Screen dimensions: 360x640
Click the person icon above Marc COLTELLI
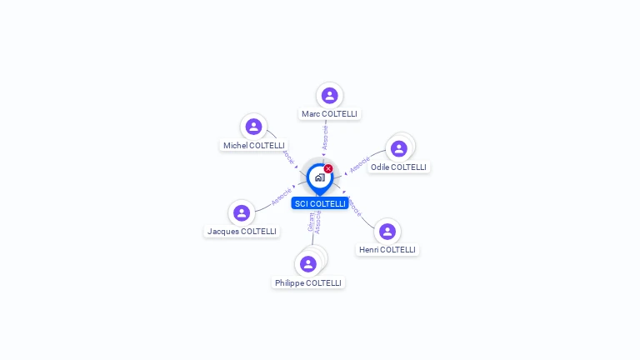[x=329, y=95]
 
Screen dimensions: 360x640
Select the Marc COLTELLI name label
[x=330, y=113]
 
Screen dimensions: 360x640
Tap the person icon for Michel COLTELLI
[x=253, y=127]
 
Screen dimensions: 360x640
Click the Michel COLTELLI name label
[x=254, y=145]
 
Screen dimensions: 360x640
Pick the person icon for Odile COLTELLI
[x=398, y=148]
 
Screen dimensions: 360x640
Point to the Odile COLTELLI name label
[x=398, y=167]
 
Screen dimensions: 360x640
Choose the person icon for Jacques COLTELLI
[x=242, y=212]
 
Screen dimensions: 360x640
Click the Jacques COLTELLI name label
[x=242, y=231]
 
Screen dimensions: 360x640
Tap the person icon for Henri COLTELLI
[x=387, y=231]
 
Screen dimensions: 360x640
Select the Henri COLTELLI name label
[x=387, y=249]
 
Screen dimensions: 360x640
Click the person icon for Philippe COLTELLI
[x=308, y=264]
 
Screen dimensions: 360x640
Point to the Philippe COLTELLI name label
[x=308, y=282]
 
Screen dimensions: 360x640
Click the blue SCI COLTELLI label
[x=320, y=203]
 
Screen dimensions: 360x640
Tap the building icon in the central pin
[x=319, y=177]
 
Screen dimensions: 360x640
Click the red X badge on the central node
[x=328, y=168]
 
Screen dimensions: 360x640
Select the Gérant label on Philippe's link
[x=311, y=222]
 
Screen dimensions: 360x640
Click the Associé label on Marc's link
[x=325, y=137]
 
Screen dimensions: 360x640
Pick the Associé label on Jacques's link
[x=282, y=196]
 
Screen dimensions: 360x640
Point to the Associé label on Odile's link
[x=359, y=165]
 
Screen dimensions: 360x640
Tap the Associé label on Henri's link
[x=354, y=206]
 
